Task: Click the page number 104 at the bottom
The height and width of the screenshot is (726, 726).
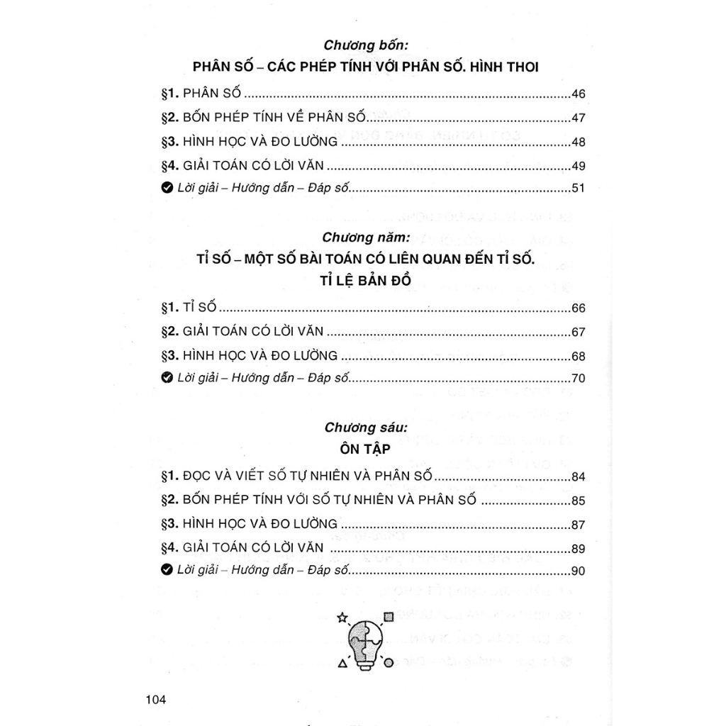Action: [x=155, y=700]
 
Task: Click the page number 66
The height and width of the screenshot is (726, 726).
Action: [x=578, y=308]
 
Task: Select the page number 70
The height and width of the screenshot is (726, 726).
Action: [x=578, y=378]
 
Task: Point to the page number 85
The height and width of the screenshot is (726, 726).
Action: [x=578, y=501]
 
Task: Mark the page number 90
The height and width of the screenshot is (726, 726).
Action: [x=578, y=571]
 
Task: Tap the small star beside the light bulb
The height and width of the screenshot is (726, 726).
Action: [x=343, y=618]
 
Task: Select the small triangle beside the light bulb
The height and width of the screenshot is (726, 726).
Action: [x=343, y=664]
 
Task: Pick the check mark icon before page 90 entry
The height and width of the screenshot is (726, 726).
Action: [x=167, y=570]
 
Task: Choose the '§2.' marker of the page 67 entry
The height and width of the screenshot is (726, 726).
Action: [x=170, y=332]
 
